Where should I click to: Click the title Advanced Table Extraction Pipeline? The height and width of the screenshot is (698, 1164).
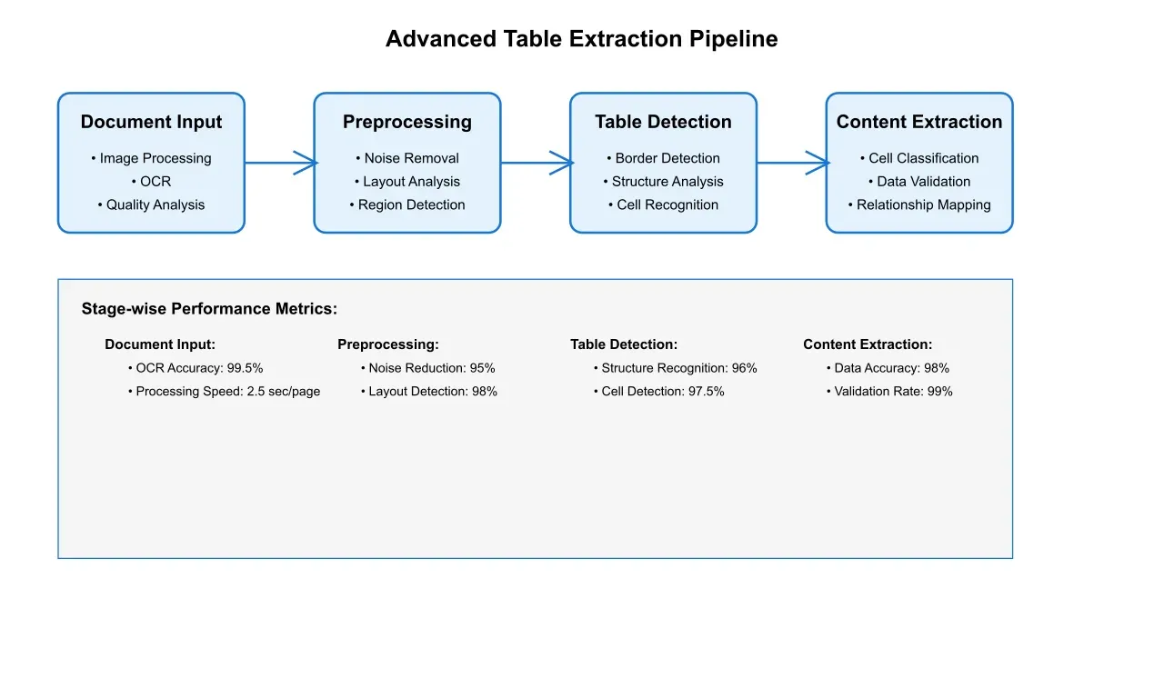[x=581, y=39]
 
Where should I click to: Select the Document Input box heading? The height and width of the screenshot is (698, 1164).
[x=151, y=122]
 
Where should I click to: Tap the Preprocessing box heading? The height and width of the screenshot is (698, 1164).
[x=406, y=122]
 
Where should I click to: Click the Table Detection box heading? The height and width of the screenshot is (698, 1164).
[x=663, y=122]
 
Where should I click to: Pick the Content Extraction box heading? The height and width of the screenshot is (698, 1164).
[x=918, y=122]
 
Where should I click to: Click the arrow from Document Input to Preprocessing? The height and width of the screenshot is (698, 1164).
[x=279, y=164]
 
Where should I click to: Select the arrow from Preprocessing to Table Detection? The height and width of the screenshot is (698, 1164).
[x=536, y=164]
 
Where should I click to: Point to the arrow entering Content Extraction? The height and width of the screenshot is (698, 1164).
[x=792, y=164]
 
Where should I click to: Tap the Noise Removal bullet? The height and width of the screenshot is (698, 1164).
[x=407, y=158]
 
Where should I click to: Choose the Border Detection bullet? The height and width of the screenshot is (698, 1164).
[x=663, y=158]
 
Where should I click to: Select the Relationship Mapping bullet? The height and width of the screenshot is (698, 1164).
[x=919, y=205]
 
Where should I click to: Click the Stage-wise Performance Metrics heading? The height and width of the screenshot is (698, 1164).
[x=209, y=309]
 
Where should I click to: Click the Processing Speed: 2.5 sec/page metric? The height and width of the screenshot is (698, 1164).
[x=224, y=392]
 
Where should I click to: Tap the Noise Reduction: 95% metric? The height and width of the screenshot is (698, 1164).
[x=427, y=368]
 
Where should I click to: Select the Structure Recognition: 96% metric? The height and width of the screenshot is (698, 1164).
[x=675, y=368]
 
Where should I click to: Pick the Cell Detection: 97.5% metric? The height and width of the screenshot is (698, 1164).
[x=658, y=392]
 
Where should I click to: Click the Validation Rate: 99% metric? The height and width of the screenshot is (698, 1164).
[x=889, y=392]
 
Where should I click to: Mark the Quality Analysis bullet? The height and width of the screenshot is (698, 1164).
[x=151, y=205]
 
